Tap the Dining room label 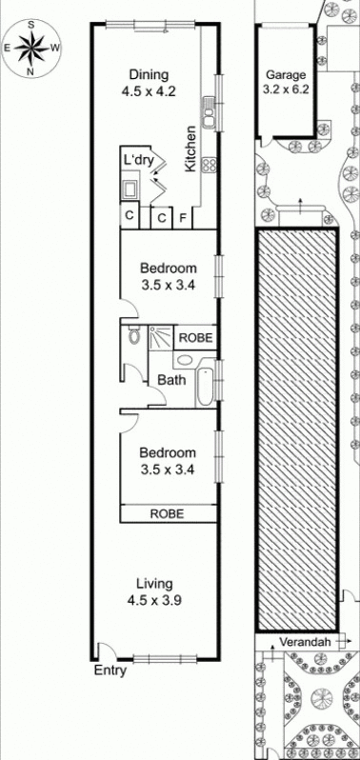pos(149,75)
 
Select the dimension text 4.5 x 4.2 pos(149,92)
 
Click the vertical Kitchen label pos(191,149)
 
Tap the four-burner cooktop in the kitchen pos(210,164)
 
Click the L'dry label pos(137,159)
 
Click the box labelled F pos(184,218)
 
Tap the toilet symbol pos(133,336)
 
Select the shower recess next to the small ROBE pos(159,337)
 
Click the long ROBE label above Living pos(168,513)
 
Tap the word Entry pos(109,670)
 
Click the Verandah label pos(305,642)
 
